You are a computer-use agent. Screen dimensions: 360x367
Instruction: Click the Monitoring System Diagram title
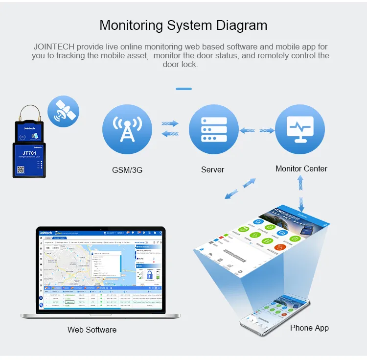[x=183, y=25]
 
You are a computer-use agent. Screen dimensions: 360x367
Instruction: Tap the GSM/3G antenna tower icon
[x=127, y=129]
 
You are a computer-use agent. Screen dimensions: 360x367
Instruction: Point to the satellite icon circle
[x=64, y=112]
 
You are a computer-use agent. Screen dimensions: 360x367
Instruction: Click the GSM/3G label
[x=127, y=170]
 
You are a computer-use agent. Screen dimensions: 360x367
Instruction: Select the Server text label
[x=212, y=170]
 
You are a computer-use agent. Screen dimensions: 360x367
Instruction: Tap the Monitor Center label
[x=301, y=168]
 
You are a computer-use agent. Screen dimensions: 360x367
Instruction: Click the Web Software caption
[x=92, y=330]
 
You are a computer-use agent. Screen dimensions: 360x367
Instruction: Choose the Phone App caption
[x=309, y=328]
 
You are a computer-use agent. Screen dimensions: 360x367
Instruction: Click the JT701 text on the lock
[x=29, y=153]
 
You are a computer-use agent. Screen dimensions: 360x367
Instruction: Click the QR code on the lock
[x=21, y=169]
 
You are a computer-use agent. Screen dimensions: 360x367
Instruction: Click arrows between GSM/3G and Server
[x=170, y=129]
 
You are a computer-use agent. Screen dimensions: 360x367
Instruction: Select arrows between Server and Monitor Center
[x=256, y=131]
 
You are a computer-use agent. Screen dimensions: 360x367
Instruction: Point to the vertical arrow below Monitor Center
[x=301, y=191]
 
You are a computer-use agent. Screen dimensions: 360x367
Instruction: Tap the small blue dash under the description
[x=183, y=89]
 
